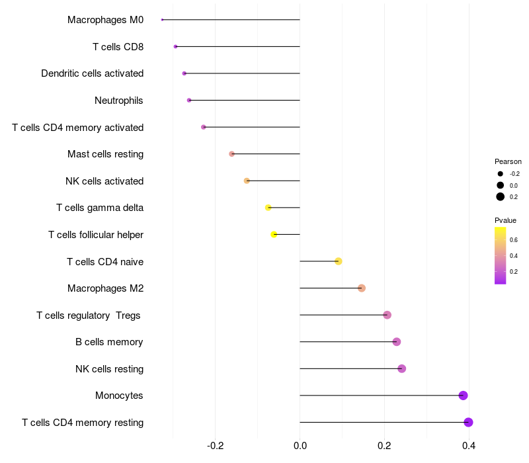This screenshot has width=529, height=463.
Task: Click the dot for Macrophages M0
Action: pos(162,20)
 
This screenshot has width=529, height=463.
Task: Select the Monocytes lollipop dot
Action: pos(463,396)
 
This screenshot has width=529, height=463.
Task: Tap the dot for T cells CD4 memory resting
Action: pos(468,423)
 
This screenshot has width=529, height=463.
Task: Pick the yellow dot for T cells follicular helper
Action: pos(274,234)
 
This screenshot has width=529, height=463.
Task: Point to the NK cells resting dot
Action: pos(401,368)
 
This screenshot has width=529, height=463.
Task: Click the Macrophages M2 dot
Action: pos(362,288)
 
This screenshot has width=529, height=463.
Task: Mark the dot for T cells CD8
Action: pos(175,46)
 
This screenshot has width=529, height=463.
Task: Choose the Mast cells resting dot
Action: pos(231,154)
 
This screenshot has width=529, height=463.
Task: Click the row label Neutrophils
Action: pos(119,101)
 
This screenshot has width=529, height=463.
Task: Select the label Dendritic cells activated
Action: pos(93,73)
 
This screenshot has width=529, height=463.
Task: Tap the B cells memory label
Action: pos(109,342)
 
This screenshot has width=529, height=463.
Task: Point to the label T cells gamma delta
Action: pos(100,208)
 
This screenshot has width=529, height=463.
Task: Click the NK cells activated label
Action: pos(104,181)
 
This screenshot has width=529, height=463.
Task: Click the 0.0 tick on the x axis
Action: pos(300,446)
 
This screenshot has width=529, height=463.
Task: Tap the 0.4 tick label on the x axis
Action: pos(468,446)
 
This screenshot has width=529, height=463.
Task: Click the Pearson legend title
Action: pos(508,161)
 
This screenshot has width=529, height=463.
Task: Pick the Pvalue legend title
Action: pos(505,220)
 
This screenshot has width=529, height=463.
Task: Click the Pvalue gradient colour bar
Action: pos(501,255)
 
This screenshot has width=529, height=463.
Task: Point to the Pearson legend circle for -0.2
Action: pos(501,173)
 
